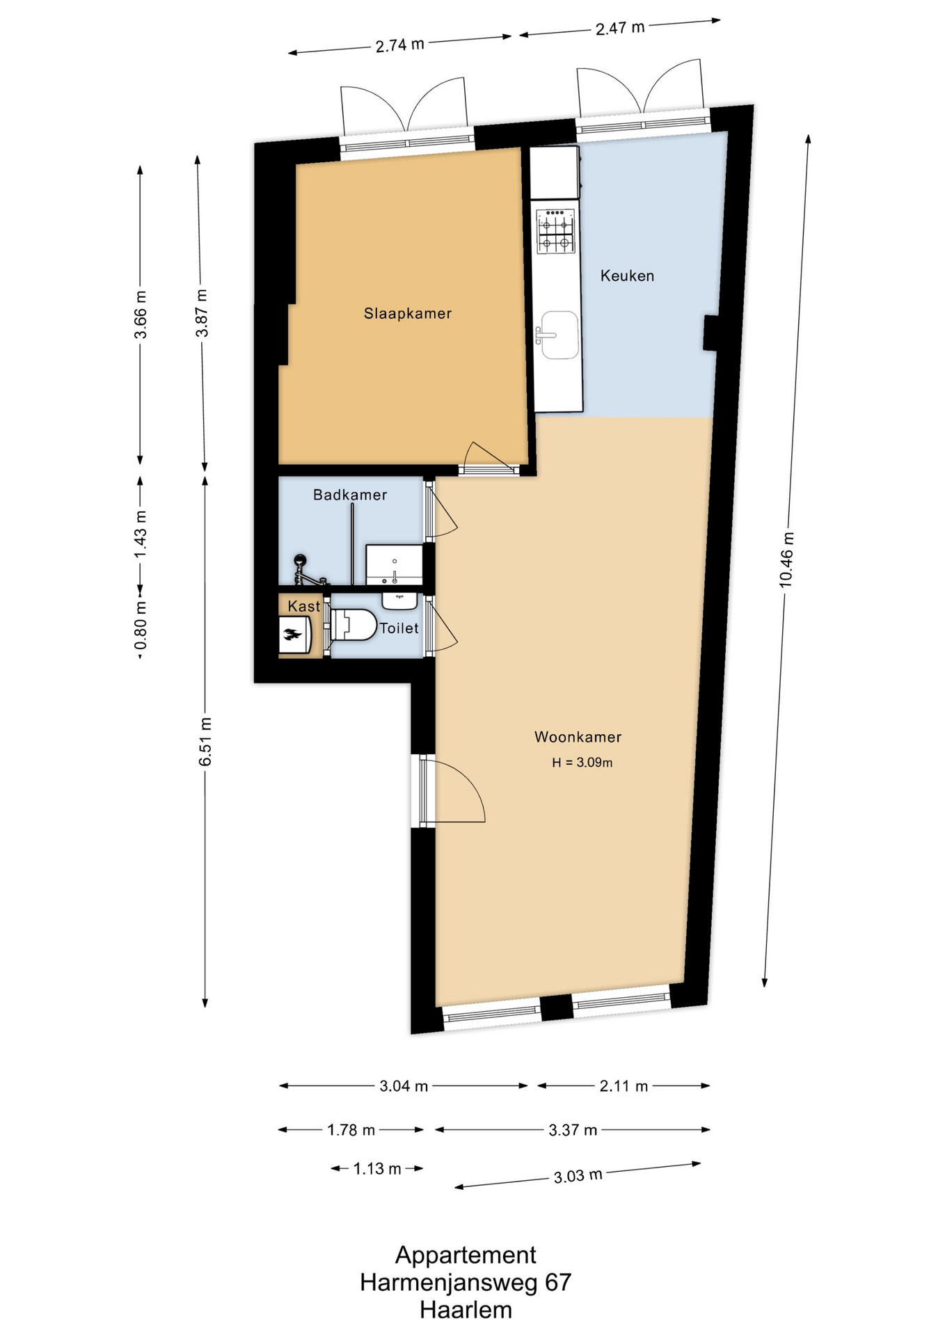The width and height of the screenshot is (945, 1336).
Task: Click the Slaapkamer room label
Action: (408, 314)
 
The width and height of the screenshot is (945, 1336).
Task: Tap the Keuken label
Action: (627, 276)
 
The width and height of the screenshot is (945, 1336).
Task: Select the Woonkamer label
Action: (578, 737)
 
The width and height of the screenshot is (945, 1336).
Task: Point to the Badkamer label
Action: (350, 495)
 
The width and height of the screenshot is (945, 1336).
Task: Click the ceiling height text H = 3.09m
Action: (582, 763)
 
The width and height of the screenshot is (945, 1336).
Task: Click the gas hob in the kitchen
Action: (556, 231)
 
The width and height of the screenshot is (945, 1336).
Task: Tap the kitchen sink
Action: (559, 335)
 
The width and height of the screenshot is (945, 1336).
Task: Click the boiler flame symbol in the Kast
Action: (292, 633)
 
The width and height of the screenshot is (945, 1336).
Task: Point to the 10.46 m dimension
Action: (786, 559)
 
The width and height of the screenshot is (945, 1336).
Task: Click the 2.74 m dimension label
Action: (400, 46)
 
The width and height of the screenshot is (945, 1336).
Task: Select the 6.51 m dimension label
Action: (205, 742)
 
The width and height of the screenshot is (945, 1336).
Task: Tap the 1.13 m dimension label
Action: (377, 1169)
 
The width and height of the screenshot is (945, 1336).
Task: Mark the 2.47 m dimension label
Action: (620, 29)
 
